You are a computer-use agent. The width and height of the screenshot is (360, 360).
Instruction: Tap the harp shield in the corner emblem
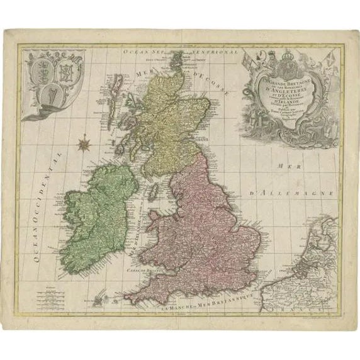(x=46, y=96)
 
